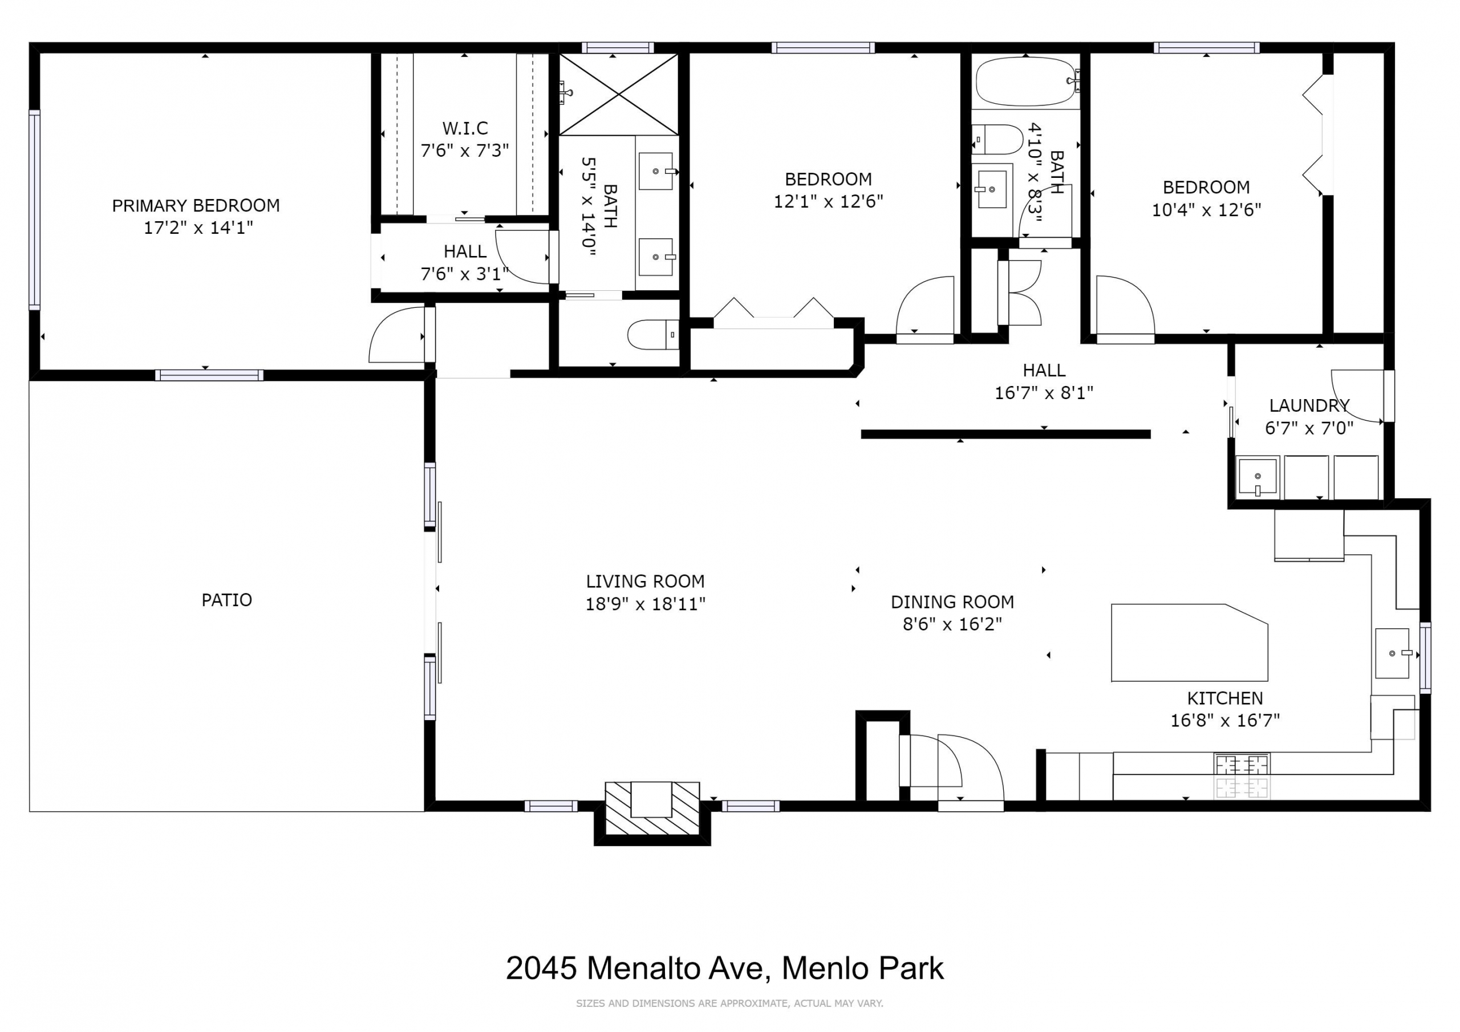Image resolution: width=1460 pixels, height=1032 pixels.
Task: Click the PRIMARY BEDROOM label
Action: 196,205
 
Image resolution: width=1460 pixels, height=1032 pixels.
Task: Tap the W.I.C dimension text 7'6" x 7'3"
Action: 465,151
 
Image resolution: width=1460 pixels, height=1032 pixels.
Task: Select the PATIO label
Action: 226,600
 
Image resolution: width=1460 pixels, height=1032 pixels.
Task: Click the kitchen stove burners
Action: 1242,776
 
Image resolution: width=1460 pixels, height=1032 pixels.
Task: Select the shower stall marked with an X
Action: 619,95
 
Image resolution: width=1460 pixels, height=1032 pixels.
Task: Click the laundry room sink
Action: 1257,476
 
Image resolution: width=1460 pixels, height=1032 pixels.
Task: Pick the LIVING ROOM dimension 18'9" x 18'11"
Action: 645,603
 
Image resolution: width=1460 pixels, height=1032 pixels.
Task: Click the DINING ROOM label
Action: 952,602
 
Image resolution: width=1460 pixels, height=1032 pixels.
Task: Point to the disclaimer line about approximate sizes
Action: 729,1003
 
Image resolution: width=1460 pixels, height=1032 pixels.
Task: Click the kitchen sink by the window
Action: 1392,653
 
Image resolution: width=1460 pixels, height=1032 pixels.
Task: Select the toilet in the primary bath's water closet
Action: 652,335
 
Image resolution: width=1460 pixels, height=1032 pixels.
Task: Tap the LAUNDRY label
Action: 1309,405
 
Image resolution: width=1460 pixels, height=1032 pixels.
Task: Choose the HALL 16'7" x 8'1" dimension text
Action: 1044,393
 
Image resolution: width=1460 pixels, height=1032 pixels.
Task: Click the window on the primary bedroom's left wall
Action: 34,210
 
